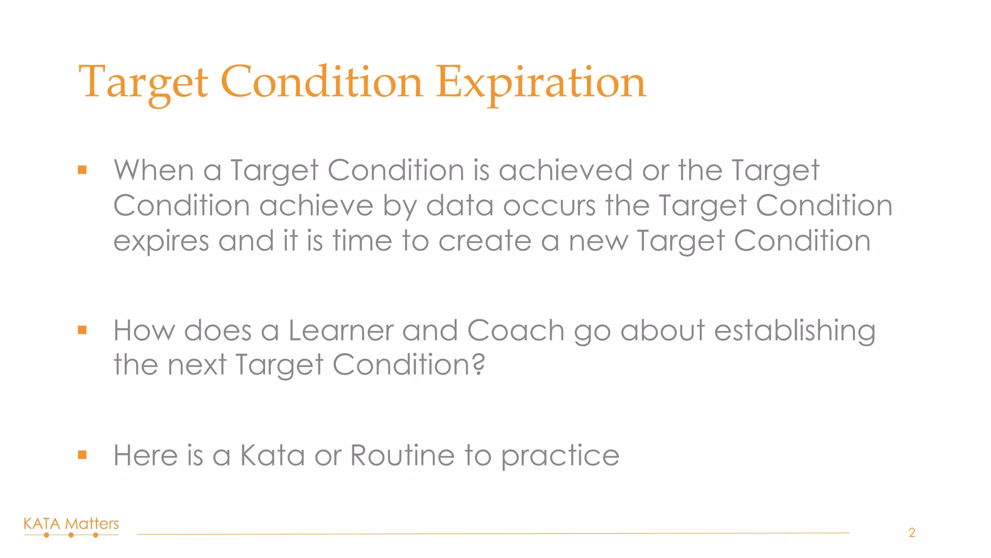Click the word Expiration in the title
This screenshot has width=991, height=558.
tap(541, 82)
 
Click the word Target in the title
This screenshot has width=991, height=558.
tap(143, 82)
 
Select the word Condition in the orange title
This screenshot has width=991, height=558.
tap(322, 82)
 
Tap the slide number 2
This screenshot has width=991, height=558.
tap(912, 533)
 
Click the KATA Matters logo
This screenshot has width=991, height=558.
tap(71, 524)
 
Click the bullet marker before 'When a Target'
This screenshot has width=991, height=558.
tap(82, 170)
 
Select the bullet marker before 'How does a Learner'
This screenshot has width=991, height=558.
tap(82, 330)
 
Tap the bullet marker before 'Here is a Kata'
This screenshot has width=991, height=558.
tap(82, 455)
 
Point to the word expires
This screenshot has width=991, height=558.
tap(161, 241)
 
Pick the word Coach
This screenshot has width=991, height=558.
tap(516, 331)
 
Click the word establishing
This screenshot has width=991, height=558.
tap(795, 331)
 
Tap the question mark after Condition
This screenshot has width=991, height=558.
tap(479, 364)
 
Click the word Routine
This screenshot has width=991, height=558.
tap(402, 455)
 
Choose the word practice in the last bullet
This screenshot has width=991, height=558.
tap(560, 456)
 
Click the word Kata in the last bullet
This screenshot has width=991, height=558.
tap(272, 455)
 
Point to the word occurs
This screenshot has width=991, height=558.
tap(549, 206)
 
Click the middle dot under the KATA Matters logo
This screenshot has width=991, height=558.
tap(71, 535)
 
